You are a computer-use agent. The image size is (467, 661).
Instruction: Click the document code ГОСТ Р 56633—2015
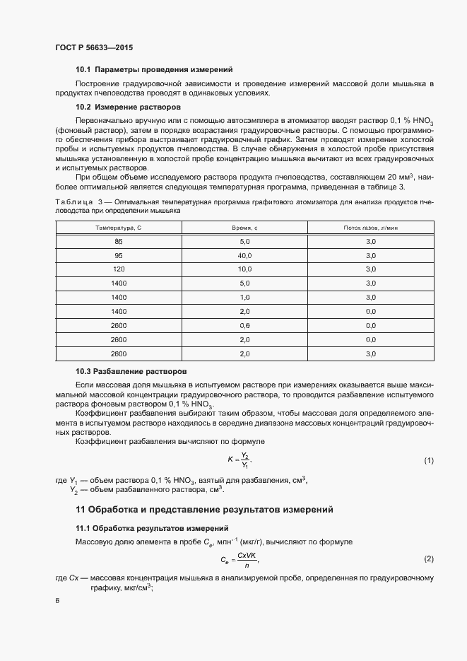coord(94,47)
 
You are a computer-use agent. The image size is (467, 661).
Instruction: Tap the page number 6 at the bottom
coord(57,601)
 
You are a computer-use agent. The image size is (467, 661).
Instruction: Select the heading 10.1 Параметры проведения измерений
coord(154,69)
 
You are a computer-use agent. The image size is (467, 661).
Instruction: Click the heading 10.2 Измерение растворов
coord(129,107)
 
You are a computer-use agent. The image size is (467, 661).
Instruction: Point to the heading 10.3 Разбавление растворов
coord(131,371)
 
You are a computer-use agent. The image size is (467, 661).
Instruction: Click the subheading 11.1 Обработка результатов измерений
coord(152,528)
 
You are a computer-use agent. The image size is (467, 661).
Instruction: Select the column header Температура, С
coord(119,228)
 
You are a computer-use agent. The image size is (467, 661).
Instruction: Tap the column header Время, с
coord(245,228)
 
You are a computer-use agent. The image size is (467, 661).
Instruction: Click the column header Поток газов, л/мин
coord(370,228)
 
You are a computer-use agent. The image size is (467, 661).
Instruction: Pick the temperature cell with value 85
coord(119,242)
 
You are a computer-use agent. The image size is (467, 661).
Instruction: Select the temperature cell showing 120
coord(119,269)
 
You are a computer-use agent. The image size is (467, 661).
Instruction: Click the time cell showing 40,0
coord(245,255)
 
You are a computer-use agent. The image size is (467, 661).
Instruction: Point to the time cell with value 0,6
coord(245,325)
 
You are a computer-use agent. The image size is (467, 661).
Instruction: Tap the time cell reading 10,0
coord(245,269)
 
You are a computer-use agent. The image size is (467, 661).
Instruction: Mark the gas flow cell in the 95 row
coord(370,255)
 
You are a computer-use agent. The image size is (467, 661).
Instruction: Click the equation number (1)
coord(428,461)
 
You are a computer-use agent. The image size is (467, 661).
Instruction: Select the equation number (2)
coord(428,559)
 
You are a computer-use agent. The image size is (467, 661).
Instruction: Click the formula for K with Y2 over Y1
coord(240,460)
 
